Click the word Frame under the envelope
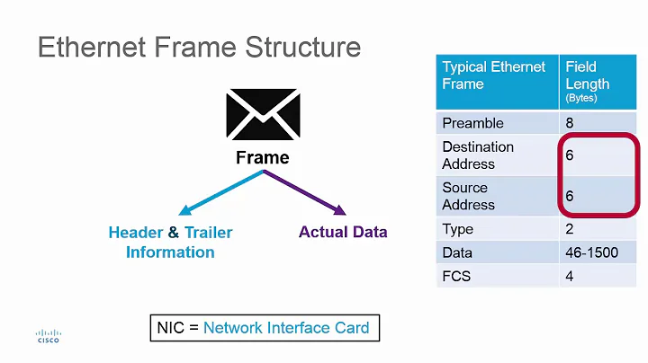click(x=263, y=158)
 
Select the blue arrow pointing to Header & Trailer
click(x=220, y=192)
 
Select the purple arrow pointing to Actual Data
click(x=305, y=192)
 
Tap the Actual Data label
click(x=343, y=233)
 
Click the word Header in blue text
click(x=135, y=233)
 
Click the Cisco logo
click(x=48, y=335)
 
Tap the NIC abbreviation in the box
click(x=170, y=328)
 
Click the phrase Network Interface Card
click(x=286, y=328)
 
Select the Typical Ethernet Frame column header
click(x=494, y=75)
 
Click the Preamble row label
click(x=472, y=123)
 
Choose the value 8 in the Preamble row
click(x=570, y=123)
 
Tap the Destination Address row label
click(x=478, y=155)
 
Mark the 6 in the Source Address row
click(x=570, y=196)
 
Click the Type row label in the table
click(x=458, y=229)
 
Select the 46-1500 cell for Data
click(x=592, y=252)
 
